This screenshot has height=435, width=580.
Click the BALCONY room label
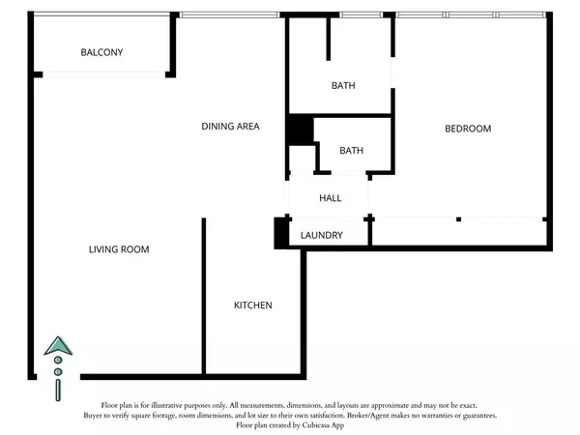point(101,52)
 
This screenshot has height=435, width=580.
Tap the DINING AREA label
point(230,126)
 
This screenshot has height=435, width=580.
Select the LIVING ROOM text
point(119,249)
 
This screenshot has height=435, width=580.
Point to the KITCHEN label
point(253,305)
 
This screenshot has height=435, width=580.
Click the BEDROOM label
point(468,129)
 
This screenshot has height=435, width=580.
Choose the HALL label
point(331,198)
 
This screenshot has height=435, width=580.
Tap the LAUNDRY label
point(322,235)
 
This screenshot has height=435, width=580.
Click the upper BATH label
point(343,85)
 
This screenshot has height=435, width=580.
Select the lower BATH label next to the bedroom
point(352,151)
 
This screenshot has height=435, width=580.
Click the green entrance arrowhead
point(58,346)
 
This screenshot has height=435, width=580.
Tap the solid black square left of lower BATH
point(301,130)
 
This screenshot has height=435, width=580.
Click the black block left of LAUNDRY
point(280,233)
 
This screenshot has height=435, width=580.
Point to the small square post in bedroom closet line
point(458,219)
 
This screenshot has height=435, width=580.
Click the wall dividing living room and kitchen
point(203,296)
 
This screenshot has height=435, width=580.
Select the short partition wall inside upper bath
point(328,39)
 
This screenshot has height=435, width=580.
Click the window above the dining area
point(230,14)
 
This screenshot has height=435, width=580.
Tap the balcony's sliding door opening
point(104,74)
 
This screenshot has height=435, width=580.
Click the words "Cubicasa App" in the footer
point(323,425)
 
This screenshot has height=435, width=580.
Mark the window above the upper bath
point(361,14)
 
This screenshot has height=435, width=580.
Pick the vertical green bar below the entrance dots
point(58,391)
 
